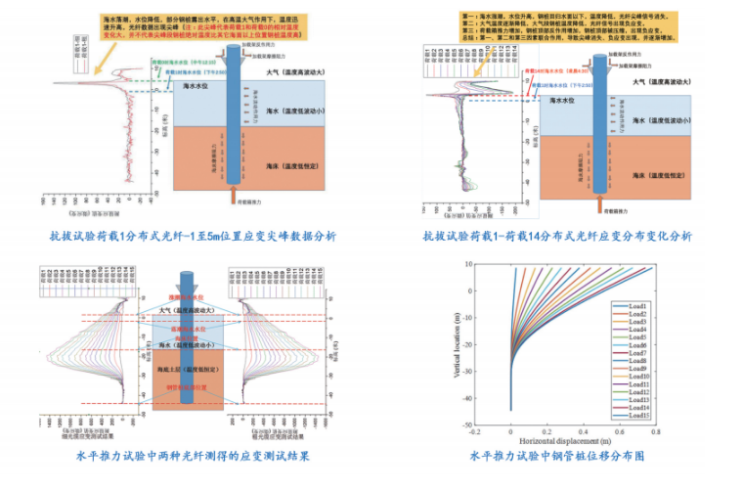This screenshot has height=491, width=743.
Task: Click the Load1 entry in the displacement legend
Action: (x=641, y=306)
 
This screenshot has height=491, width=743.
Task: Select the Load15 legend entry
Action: (x=641, y=415)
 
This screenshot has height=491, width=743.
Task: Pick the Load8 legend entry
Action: (x=641, y=361)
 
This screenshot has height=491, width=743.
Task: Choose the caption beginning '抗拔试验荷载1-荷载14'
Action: (x=557, y=236)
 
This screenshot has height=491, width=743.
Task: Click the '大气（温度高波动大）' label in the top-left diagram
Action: (x=293, y=71)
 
